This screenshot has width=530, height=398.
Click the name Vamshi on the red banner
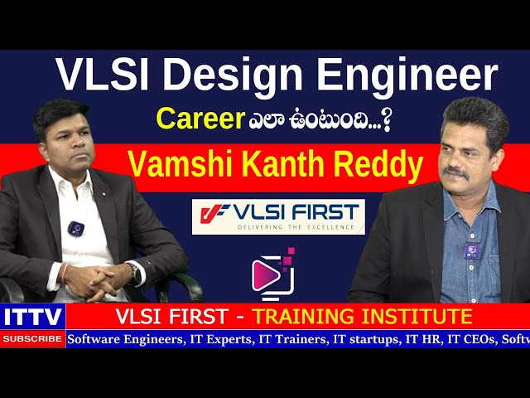tap(167, 165)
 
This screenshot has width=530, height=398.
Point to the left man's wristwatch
tap(134, 272)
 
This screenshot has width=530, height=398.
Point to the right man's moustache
tap(455, 172)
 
